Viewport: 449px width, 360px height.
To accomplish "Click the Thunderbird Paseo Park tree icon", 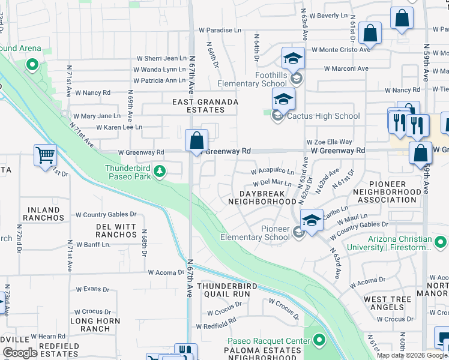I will pyautogui.click(x=159, y=172).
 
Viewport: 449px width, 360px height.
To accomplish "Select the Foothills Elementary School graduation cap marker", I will pyautogui.click(x=293, y=59).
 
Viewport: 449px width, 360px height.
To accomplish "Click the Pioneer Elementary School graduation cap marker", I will pyautogui.click(x=312, y=222).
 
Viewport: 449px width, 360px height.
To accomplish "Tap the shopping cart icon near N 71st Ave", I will pyautogui.click(x=45, y=156).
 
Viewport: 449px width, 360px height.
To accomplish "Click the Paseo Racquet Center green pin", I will pyautogui.click(x=319, y=341).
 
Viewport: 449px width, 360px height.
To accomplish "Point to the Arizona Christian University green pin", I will pyautogui.click(x=441, y=242).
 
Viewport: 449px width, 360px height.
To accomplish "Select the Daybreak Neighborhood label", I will pyautogui.click(x=262, y=198).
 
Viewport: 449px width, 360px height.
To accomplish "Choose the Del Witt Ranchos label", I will pyautogui.click(x=116, y=230).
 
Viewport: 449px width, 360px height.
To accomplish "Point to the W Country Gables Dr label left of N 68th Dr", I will pyautogui.click(x=106, y=214).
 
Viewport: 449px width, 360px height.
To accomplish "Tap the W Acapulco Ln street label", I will pyautogui.click(x=276, y=172).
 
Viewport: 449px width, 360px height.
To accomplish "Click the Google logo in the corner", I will pyautogui.click(x=20, y=353).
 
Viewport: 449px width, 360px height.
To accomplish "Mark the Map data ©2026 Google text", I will pyautogui.click(x=411, y=355).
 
